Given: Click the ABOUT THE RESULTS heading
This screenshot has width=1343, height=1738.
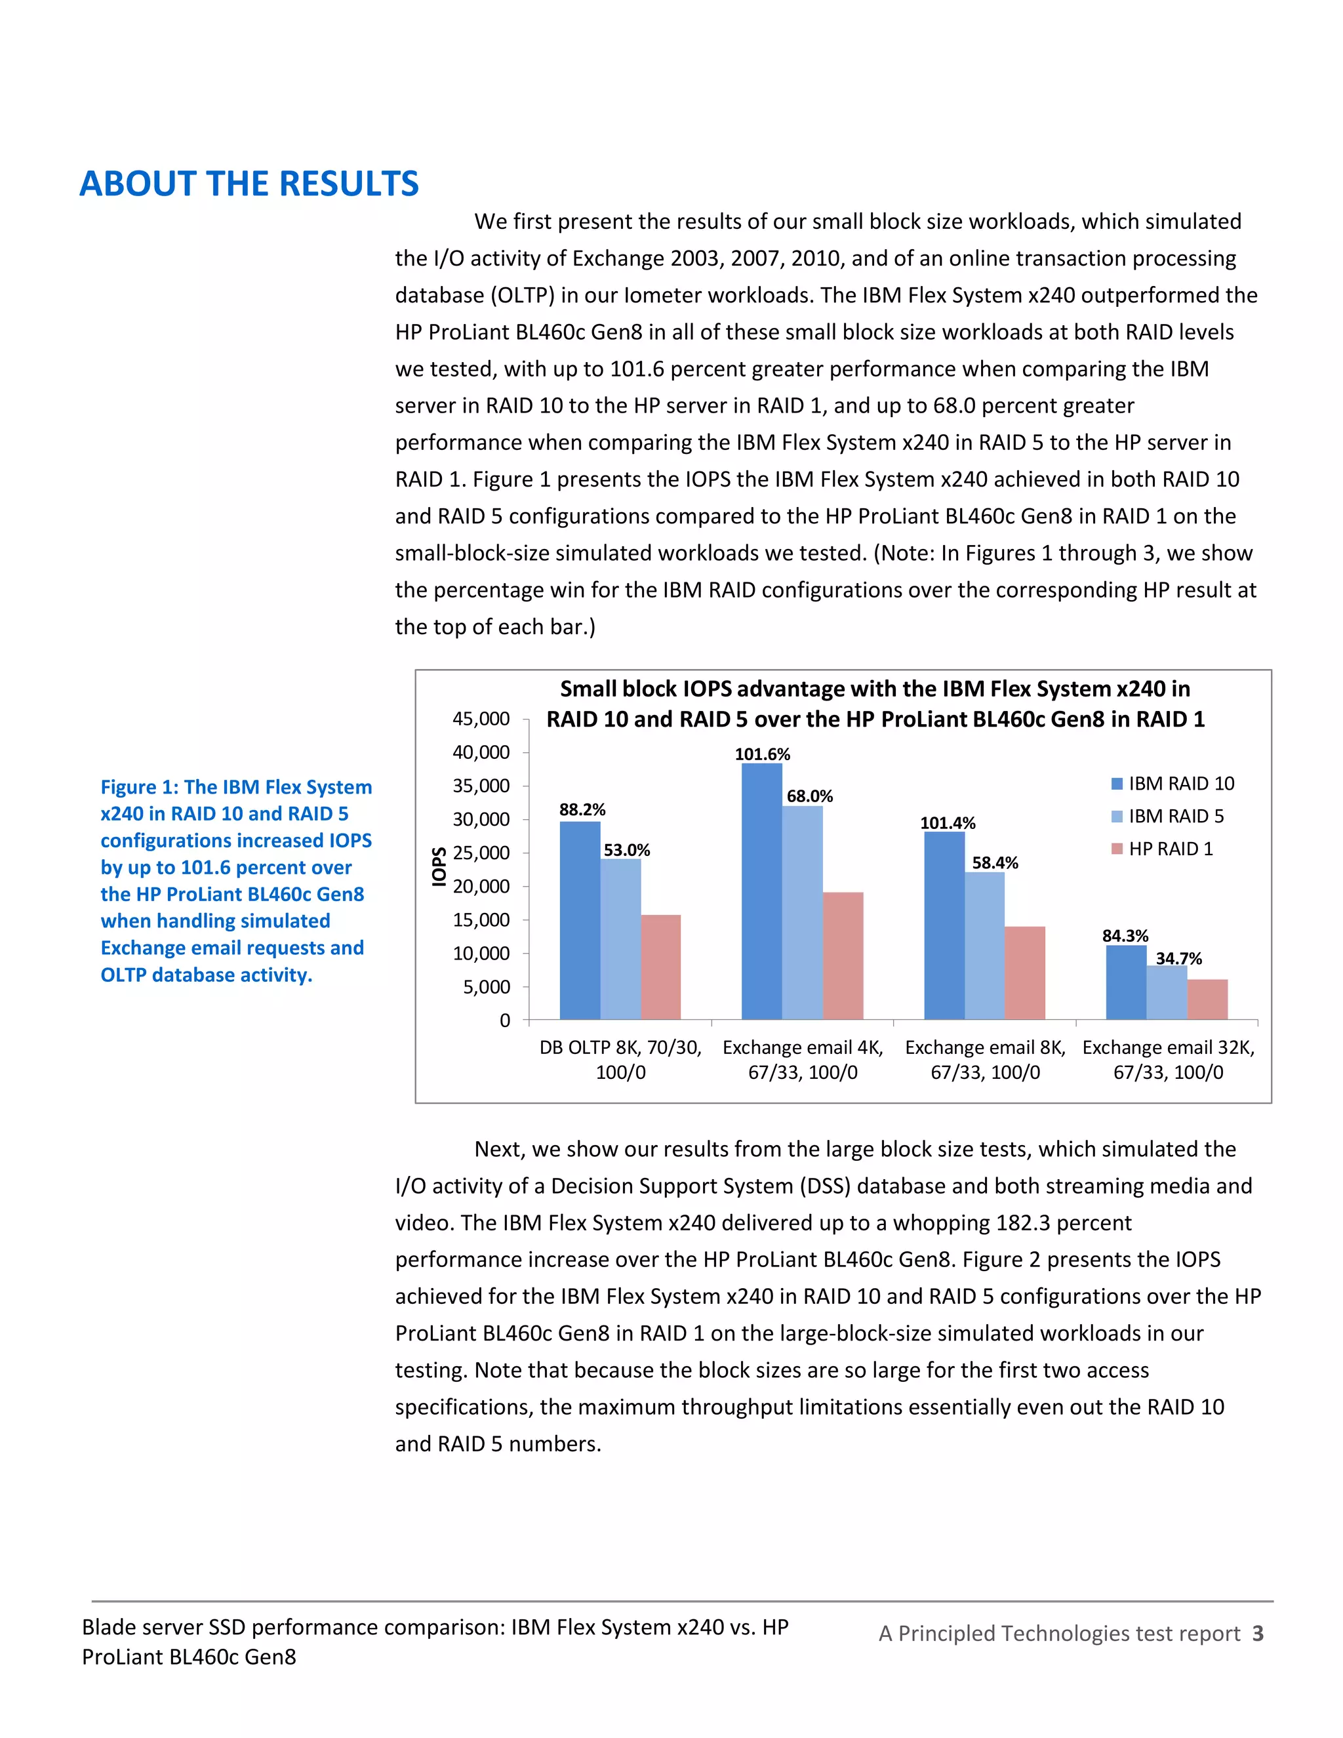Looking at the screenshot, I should click(249, 184).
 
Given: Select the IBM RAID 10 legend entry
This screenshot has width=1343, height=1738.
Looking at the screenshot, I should click(1172, 784).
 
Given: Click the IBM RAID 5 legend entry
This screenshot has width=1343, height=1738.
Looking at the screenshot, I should click(1167, 817).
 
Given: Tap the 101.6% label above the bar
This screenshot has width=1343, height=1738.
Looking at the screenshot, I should click(761, 754).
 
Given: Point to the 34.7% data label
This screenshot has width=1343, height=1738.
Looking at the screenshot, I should click(1178, 958).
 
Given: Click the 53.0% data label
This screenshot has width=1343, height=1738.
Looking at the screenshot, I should click(626, 850).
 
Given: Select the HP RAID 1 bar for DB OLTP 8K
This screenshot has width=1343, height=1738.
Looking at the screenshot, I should click(660, 967).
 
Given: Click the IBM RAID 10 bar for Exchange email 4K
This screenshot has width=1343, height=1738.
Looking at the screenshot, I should click(761, 891).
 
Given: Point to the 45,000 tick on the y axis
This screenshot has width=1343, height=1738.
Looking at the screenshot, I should click(481, 719).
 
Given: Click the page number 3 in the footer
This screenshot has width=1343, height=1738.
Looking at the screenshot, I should click(1257, 1633).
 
